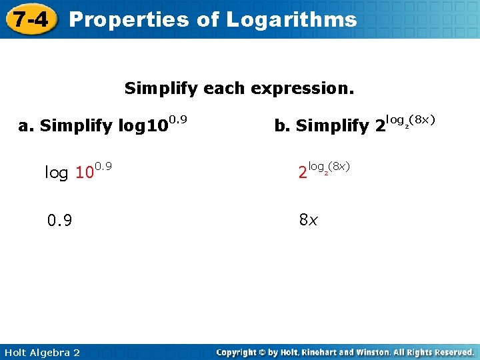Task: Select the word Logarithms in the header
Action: click(x=291, y=20)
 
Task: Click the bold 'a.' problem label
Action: click(x=27, y=125)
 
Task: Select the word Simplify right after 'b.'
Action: click(x=331, y=125)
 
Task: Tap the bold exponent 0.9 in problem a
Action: click(x=177, y=119)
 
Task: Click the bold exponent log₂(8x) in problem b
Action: click(x=411, y=120)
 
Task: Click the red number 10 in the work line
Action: click(x=83, y=173)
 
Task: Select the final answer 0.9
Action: click(x=59, y=220)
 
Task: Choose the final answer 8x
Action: click(x=308, y=219)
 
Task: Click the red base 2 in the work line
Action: click(x=303, y=173)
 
